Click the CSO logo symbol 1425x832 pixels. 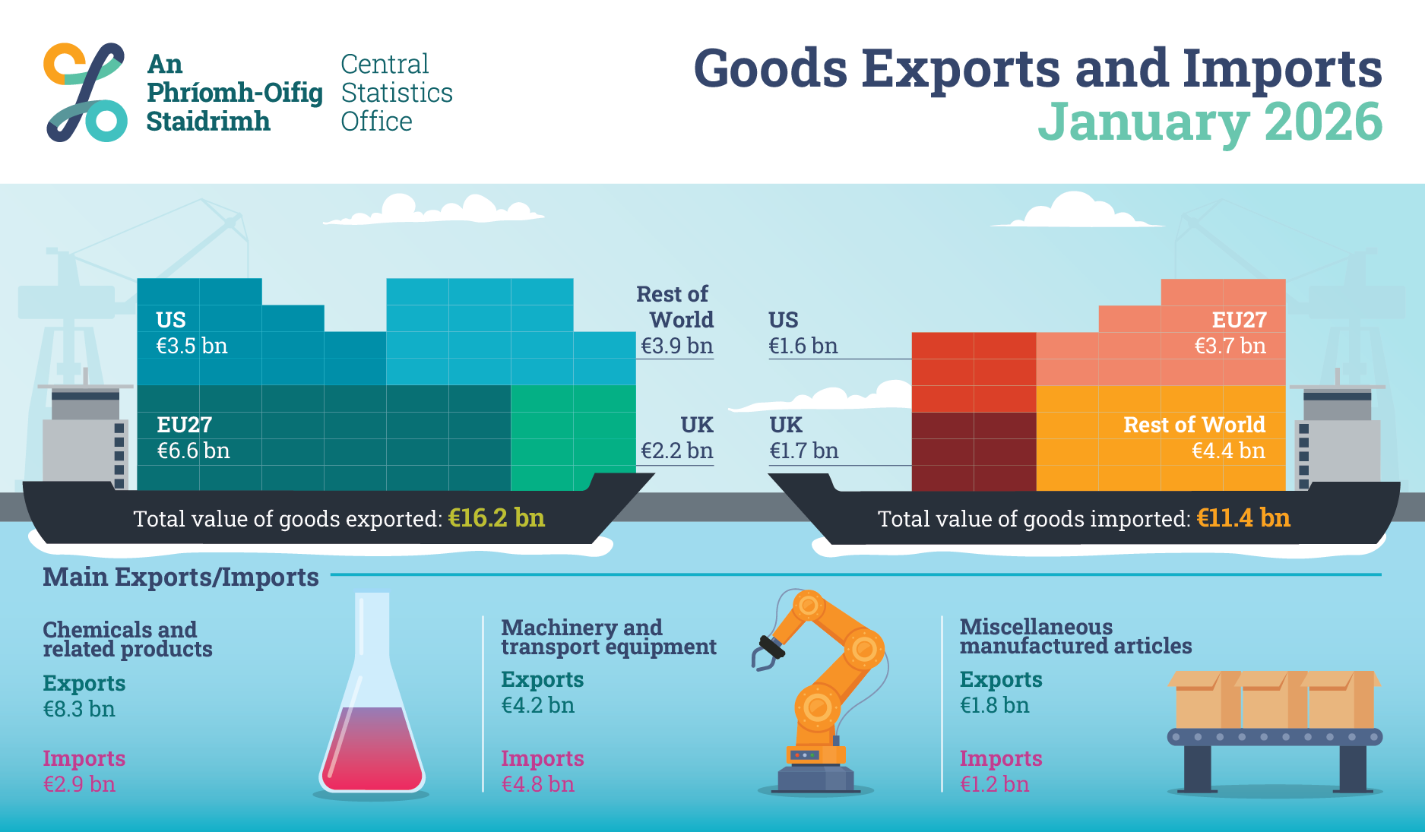point(84,92)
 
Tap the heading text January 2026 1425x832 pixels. point(1209,122)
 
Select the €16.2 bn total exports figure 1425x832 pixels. point(496,518)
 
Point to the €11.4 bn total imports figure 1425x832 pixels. point(1243,518)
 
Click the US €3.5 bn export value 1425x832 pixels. point(192,346)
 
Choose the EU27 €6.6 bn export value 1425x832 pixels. point(193,451)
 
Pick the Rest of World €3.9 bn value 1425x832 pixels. point(676,346)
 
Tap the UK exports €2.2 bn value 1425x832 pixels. point(676,451)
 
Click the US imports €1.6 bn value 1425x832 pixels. point(803,346)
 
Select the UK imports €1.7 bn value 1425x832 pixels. point(803,451)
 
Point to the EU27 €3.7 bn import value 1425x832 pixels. point(1230,346)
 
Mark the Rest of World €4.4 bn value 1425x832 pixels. point(1228,451)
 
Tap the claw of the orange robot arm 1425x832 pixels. point(766,653)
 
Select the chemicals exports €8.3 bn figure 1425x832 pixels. point(79,710)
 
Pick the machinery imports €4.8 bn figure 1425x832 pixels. point(537,784)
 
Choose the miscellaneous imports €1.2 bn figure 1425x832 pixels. point(994,784)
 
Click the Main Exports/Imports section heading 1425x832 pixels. point(181,577)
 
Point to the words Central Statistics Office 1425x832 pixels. point(396,93)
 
